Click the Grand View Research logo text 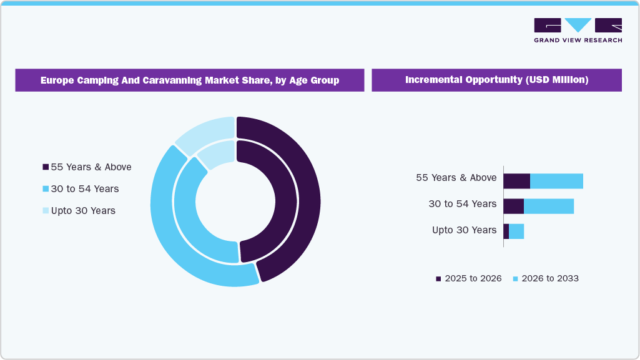click(x=578, y=41)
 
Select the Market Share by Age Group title click(x=190, y=80)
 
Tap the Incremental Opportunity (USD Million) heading click(x=496, y=80)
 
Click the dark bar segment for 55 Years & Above click(x=516, y=181)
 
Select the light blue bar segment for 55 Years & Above click(x=556, y=181)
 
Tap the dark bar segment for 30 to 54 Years click(x=513, y=206)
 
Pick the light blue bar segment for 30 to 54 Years click(x=549, y=206)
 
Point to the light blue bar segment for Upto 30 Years click(x=516, y=231)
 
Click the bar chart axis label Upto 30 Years click(x=464, y=230)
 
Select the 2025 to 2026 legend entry click(x=469, y=278)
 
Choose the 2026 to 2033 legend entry click(x=546, y=278)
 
